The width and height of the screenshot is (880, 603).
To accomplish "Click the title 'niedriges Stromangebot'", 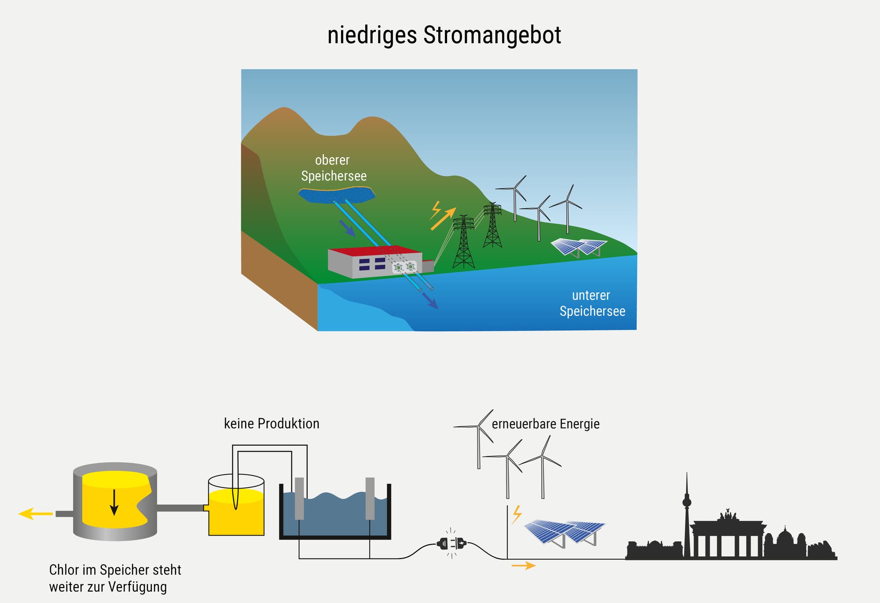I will tap(444, 35).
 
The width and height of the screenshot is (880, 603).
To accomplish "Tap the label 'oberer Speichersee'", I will tap(334, 168).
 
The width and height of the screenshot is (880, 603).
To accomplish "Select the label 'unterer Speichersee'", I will tap(592, 303).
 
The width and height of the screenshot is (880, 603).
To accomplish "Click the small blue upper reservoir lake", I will tap(337, 195).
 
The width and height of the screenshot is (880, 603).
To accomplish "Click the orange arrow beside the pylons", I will tap(444, 218).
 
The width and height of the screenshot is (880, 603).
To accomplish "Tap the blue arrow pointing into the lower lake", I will tap(430, 301).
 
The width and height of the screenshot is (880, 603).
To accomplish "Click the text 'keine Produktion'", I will tap(271, 424).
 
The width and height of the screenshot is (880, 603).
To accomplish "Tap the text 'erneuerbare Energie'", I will tap(546, 424).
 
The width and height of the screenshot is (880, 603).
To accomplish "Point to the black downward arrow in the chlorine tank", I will tap(114, 502).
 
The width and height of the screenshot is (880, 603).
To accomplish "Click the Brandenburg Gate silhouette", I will tap(728, 537).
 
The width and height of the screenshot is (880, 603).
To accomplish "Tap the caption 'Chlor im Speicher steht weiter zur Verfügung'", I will tap(114, 578).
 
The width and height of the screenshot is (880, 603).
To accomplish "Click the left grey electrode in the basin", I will tap(299, 498).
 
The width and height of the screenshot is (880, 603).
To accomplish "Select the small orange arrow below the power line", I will tap(524, 566).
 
